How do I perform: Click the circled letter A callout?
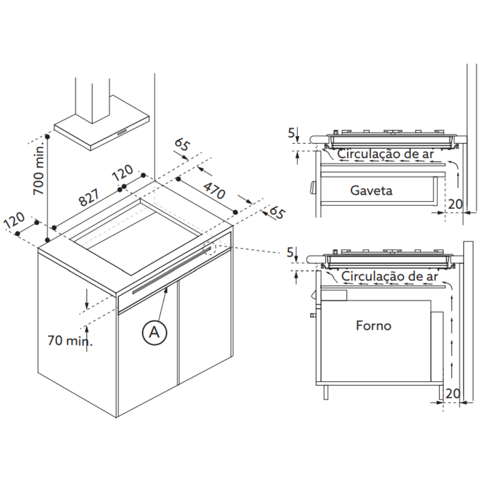tap(154, 332)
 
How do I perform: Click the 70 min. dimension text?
tap(70, 341)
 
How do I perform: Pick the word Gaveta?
tap(371, 190)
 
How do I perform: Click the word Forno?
tap(373, 325)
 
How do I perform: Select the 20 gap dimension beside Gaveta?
tap(455, 204)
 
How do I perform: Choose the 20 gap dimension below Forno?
tap(453, 393)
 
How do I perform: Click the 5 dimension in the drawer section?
tap(292, 133)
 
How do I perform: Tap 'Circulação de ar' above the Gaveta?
tap(386, 153)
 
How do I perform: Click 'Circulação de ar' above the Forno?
tap(390, 276)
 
